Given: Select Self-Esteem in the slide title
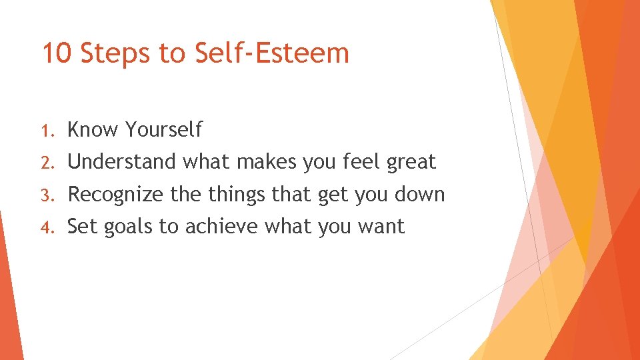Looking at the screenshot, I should (x=272, y=53).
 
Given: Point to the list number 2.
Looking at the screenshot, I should (x=47, y=162).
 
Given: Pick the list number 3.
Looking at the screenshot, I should (x=47, y=195).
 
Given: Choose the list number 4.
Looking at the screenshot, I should (x=47, y=227).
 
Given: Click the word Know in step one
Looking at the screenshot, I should (x=93, y=129).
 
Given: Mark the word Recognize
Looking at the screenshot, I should (x=115, y=195).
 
